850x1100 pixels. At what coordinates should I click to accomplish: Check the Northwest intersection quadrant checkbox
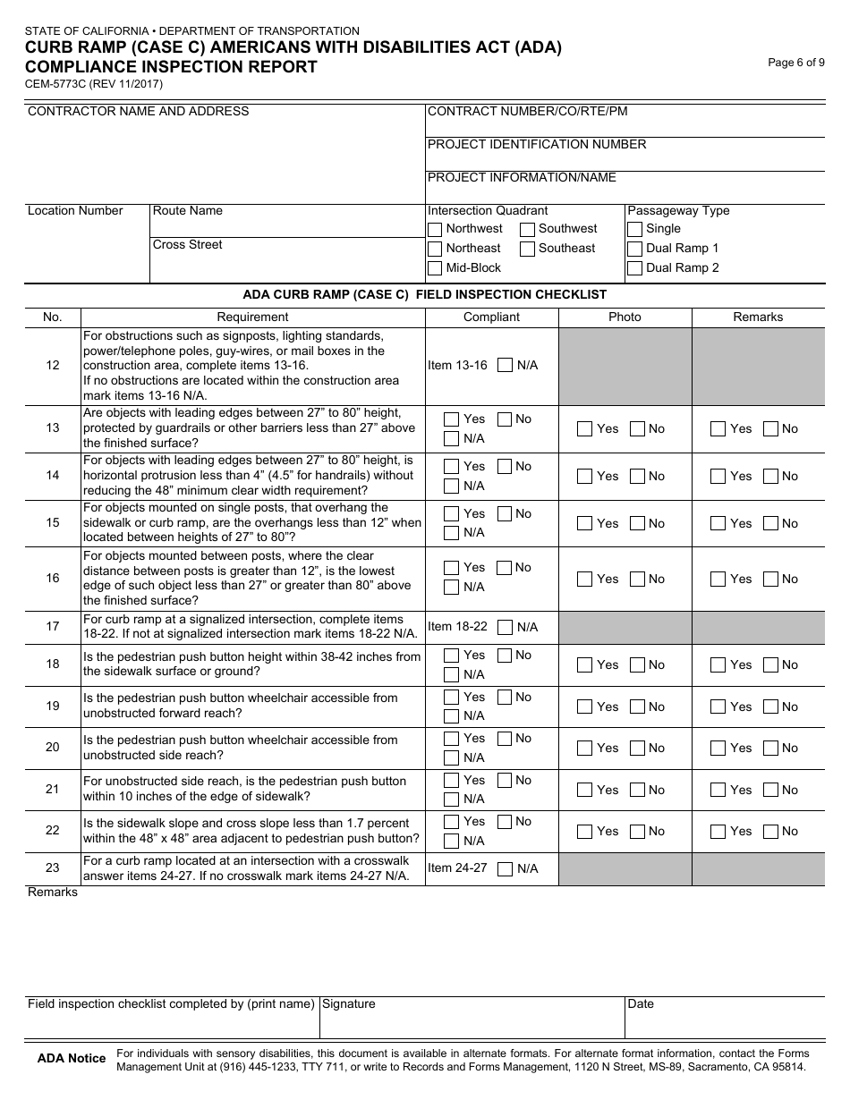435,229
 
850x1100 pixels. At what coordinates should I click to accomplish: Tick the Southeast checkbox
528,249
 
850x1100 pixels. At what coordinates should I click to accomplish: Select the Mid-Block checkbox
435,268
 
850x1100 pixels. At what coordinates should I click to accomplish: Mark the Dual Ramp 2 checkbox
635,268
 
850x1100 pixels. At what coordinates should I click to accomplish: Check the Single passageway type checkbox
635,229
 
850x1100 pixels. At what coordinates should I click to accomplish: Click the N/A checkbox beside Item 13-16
506,365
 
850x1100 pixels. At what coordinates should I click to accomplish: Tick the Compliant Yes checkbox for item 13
452,419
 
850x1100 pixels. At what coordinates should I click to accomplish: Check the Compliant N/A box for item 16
452,588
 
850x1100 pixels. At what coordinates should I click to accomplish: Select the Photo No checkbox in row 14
638,477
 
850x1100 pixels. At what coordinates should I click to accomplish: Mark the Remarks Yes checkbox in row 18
718,665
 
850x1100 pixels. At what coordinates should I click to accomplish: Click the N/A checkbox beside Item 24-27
506,868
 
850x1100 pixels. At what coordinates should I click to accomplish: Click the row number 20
52,748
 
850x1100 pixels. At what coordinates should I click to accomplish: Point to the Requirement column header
252,317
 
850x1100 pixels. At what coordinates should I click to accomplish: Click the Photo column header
625,317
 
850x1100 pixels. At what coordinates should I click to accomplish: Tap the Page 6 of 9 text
796,63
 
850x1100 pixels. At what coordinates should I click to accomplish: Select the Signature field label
349,1004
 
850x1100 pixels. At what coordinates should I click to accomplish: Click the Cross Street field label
188,245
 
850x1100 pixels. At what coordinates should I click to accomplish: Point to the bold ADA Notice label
72,1059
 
